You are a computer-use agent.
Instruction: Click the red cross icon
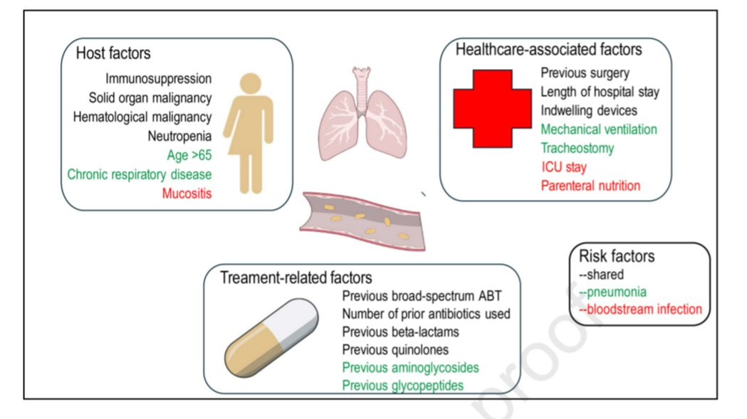point(493,109)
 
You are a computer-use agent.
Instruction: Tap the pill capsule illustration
point(271,338)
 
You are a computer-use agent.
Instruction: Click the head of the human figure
point(251,83)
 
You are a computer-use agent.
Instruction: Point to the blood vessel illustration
point(362,221)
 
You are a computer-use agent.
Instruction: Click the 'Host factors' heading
point(113,53)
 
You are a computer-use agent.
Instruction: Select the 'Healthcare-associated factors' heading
point(549,50)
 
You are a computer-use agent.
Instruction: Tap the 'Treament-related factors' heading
point(296,277)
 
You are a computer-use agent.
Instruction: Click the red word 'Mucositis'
point(187,193)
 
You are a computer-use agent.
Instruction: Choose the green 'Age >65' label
point(189,155)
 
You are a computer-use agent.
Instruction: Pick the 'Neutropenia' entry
point(179,136)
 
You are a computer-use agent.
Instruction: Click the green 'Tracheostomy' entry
point(578,148)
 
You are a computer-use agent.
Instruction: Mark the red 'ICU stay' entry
point(564,167)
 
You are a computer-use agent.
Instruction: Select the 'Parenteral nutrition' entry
point(591,186)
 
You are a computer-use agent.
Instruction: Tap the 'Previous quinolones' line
point(395,350)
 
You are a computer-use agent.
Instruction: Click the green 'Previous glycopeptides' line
point(403,385)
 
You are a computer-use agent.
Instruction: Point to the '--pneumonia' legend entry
point(612,292)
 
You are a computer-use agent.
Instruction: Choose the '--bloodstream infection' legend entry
point(640,309)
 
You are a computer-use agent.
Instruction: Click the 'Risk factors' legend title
point(617,256)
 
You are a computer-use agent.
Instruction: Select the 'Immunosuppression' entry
point(159,78)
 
